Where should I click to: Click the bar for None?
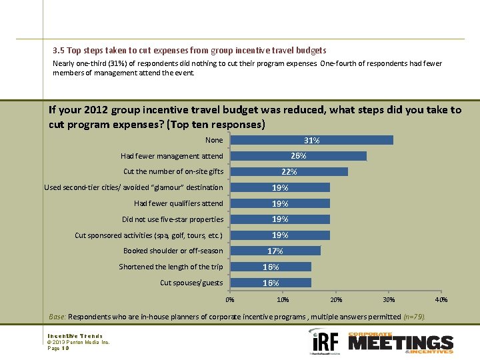311,140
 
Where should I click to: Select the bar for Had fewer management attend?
298,156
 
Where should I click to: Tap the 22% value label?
289,172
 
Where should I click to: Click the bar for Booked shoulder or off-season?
275,251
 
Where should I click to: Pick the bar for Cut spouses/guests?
271,283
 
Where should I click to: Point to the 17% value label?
275,251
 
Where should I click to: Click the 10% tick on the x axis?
283,300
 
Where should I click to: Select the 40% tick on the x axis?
441,300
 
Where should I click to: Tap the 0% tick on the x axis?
230,300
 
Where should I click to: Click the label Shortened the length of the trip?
171,267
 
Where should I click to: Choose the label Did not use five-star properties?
173,219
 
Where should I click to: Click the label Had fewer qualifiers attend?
178,203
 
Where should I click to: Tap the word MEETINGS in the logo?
400,343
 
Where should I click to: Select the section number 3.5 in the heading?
59,50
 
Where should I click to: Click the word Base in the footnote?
57,317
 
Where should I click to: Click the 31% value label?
311,141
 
